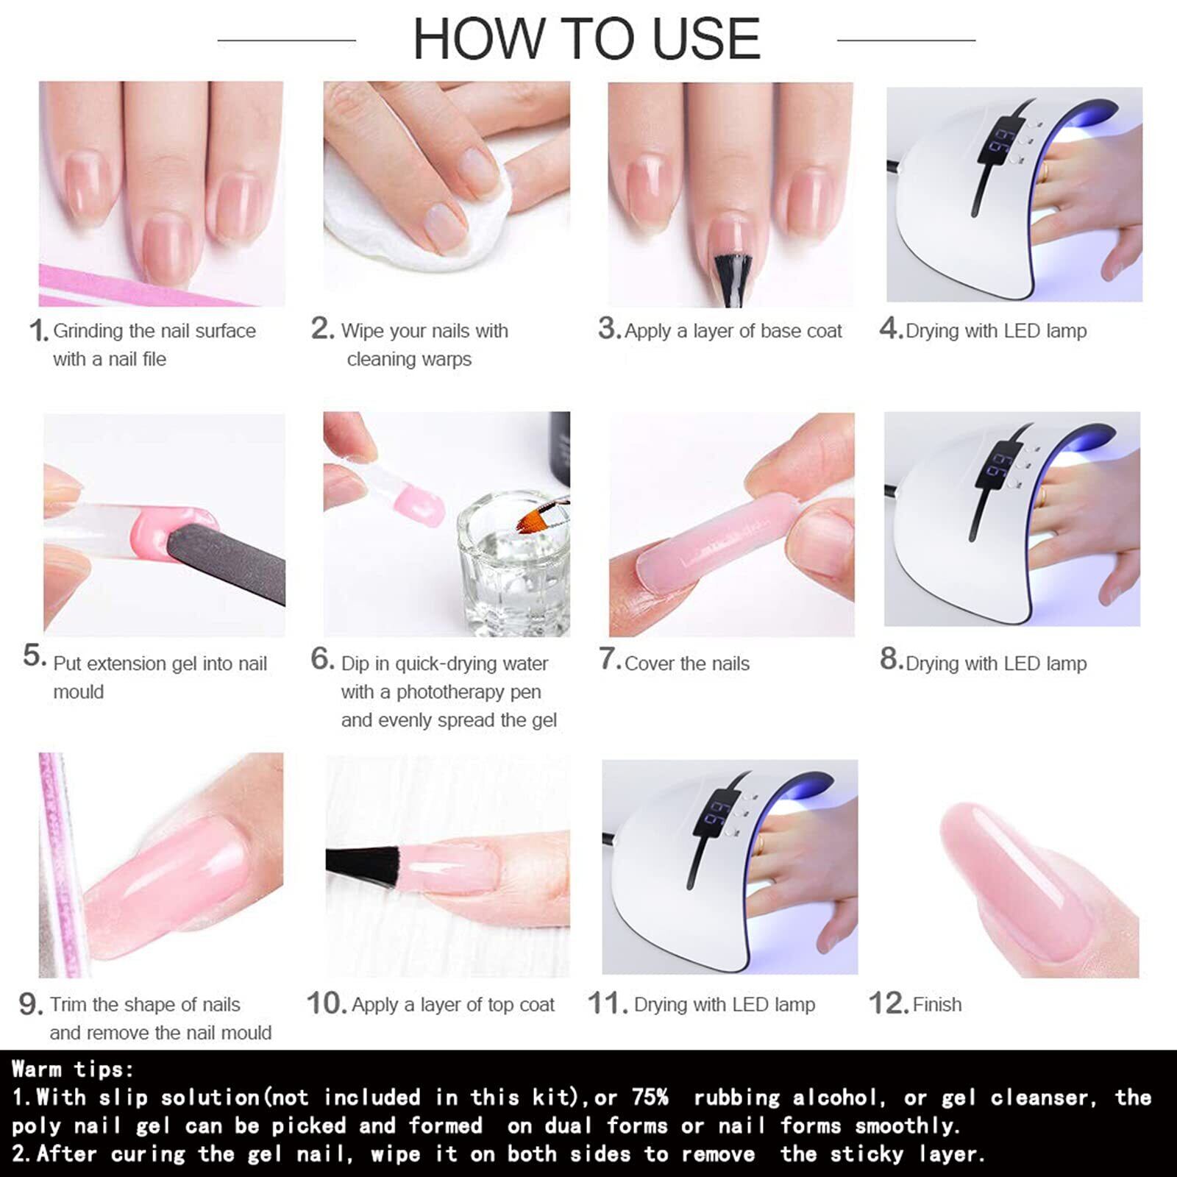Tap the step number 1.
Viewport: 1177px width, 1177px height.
click(x=38, y=330)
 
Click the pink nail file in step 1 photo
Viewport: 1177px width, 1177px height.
click(x=147, y=287)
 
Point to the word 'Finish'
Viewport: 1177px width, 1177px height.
click(x=936, y=1004)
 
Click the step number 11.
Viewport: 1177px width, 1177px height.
click(x=607, y=1003)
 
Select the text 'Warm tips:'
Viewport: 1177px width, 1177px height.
click(x=73, y=1069)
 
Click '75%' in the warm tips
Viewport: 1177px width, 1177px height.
click(x=650, y=1098)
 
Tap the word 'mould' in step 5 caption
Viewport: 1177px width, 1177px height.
click(x=78, y=692)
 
